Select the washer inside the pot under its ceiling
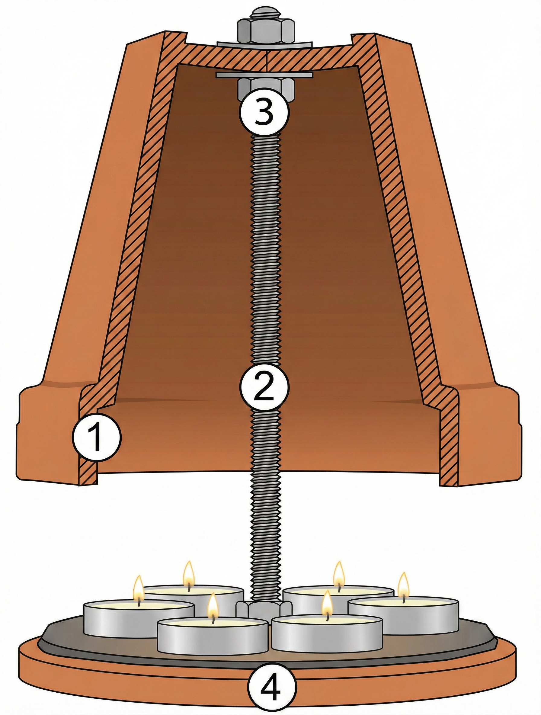click(264, 75)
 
